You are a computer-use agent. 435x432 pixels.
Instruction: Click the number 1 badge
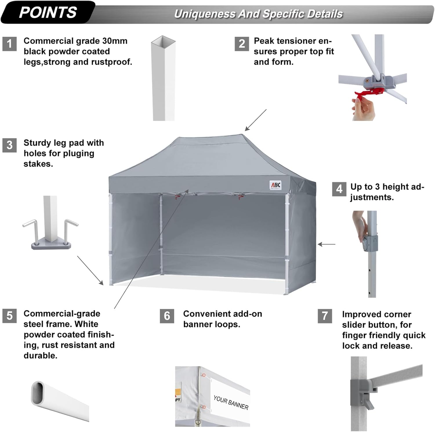click(9, 44)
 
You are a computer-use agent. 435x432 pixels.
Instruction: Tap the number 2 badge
click(242, 44)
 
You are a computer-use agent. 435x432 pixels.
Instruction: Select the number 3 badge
click(9, 145)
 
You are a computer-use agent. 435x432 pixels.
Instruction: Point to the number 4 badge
click(339, 189)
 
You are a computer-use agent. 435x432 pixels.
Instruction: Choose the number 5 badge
click(9, 315)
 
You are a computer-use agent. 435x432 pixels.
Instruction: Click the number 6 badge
click(167, 316)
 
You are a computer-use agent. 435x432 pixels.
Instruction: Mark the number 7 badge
click(325, 316)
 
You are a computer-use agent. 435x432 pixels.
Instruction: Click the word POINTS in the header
click(48, 12)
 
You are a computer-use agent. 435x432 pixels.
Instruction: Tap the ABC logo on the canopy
click(275, 185)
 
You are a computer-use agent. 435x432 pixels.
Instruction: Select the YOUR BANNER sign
click(231, 402)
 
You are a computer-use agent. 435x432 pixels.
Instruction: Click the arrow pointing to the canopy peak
click(255, 120)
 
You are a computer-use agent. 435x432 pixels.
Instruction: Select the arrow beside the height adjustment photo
click(327, 244)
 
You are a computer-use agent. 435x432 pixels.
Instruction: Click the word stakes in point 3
click(38, 164)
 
